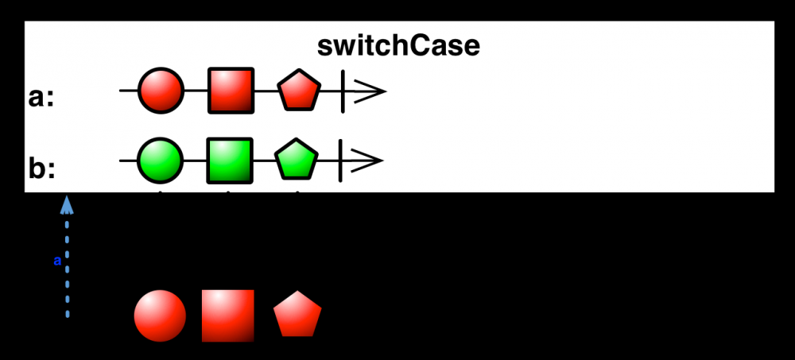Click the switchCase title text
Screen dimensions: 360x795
(398, 46)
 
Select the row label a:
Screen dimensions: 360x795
(41, 99)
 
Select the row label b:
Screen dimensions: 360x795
(41, 169)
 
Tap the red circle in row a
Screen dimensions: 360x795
(161, 91)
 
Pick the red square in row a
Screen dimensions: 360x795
(231, 91)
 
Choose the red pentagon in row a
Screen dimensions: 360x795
(299, 91)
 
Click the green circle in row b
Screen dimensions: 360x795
(161, 161)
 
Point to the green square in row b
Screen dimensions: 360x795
(230, 161)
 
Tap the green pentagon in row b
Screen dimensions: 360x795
(297, 161)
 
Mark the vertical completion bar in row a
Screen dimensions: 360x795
(343, 91)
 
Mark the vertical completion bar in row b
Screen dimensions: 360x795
(340, 161)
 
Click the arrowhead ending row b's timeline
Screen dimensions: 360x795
(370, 161)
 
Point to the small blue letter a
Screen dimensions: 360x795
(57, 260)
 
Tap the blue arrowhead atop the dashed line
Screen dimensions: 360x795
(68, 206)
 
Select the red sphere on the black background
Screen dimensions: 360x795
(160, 315)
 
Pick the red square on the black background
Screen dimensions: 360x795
(228, 315)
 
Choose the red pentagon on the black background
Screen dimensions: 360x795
(297, 316)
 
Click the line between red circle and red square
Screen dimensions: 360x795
(196, 91)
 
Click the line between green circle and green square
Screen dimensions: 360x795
(196, 161)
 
